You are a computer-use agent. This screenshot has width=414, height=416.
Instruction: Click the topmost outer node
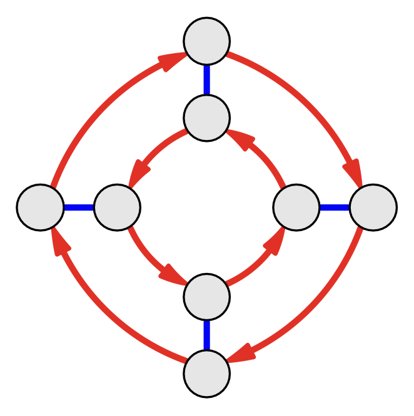click(x=207, y=41)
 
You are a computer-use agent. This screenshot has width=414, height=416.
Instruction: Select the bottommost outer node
click(x=207, y=374)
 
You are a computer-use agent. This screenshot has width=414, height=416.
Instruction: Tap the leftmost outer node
click(x=41, y=207)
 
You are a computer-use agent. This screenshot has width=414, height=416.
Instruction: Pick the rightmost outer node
click(x=373, y=207)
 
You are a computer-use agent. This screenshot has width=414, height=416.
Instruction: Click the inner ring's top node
click(x=207, y=117)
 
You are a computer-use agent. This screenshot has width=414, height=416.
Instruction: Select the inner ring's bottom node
click(x=207, y=297)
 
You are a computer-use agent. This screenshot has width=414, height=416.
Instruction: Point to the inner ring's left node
click(x=117, y=207)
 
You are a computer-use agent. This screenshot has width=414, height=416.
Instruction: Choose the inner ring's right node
click(x=297, y=207)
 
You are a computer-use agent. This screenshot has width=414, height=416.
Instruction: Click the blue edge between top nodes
click(x=207, y=79)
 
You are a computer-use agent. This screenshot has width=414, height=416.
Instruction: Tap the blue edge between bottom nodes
click(x=207, y=335)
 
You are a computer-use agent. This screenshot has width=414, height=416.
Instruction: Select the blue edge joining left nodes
click(x=79, y=207)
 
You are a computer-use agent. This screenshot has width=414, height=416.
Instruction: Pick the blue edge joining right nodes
click(x=335, y=207)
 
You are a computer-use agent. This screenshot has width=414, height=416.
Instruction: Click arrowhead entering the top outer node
click(x=172, y=60)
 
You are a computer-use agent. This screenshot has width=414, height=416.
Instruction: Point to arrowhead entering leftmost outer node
click(x=60, y=242)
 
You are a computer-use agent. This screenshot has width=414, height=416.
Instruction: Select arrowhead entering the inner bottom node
click(x=173, y=275)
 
